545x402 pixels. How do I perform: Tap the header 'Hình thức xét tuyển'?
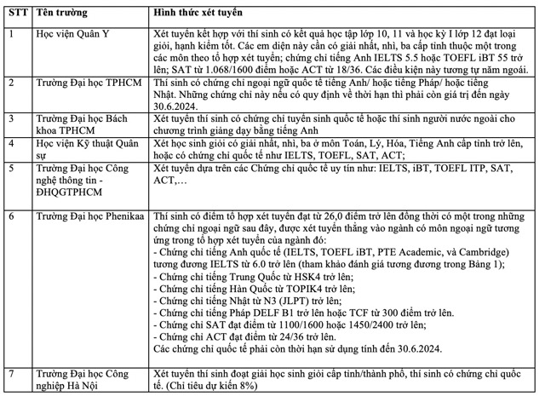(197, 12)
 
